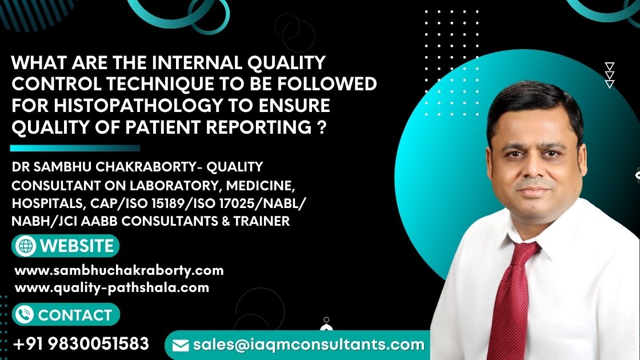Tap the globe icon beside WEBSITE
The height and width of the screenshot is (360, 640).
26,246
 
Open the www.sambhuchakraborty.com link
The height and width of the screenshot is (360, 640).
119,270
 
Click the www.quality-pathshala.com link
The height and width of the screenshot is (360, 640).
111,287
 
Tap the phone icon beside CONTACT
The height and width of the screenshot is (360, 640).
25,315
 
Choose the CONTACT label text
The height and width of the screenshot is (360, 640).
75,315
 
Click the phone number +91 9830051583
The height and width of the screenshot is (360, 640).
81,343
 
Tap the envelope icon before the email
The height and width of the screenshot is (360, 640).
181,345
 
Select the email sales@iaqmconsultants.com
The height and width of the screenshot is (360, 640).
309,345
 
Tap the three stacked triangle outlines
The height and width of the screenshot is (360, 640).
610,75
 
